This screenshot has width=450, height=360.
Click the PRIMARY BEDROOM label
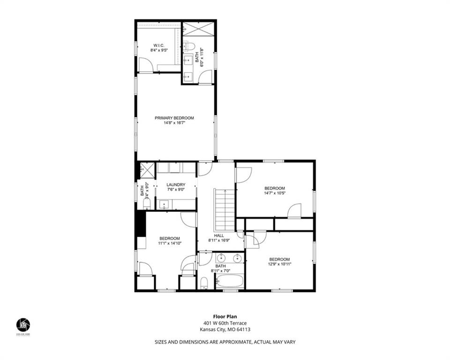coord(174,118)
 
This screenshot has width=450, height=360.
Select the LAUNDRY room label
coord(176,185)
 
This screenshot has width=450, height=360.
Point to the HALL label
coord(219,236)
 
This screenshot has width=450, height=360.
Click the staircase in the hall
coord(225,209)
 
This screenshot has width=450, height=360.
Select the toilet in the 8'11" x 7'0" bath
coord(204,283)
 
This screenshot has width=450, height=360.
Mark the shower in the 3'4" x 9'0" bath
coord(147,169)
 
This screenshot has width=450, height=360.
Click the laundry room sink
coord(164,204)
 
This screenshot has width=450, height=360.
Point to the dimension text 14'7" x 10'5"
coord(275,193)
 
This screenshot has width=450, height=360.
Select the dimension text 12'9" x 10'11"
coord(280,264)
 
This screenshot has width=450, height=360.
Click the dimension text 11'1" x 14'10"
coord(169,243)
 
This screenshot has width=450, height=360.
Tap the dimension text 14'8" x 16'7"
coord(174,123)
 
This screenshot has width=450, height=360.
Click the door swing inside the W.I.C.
coord(145,65)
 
